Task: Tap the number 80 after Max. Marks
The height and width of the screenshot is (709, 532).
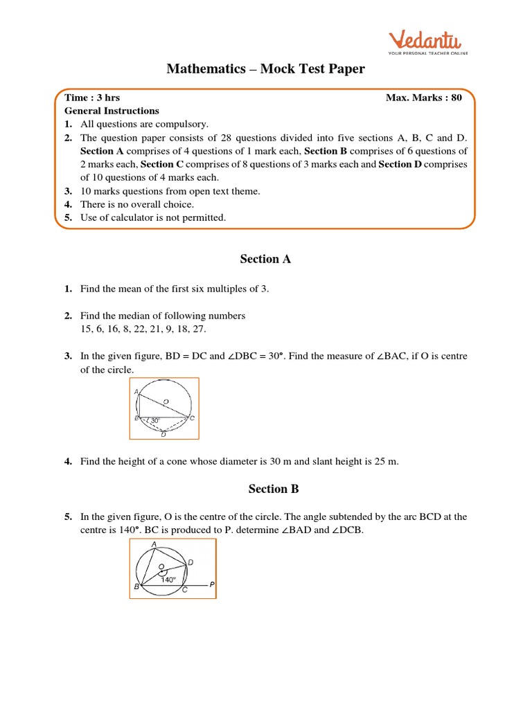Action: tap(455, 98)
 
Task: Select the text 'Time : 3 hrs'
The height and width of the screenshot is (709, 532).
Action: tap(92, 98)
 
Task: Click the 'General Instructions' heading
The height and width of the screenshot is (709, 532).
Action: tap(112, 111)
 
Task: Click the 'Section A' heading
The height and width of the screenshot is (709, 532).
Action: tap(265, 259)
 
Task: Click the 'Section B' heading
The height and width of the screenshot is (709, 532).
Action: tap(274, 489)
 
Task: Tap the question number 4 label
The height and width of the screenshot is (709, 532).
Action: tap(69, 461)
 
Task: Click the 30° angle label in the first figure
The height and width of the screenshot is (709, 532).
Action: tap(155, 420)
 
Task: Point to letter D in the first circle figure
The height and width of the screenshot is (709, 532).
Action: tap(163, 435)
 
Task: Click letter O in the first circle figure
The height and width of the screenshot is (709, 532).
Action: tap(166, 401)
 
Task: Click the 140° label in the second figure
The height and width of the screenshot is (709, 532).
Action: tap(168, 580)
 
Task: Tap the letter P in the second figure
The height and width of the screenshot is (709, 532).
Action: tap(212, 585)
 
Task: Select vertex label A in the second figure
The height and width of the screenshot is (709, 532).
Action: tap(153, 544)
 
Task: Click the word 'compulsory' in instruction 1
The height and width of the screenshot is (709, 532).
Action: tap(183, 124)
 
